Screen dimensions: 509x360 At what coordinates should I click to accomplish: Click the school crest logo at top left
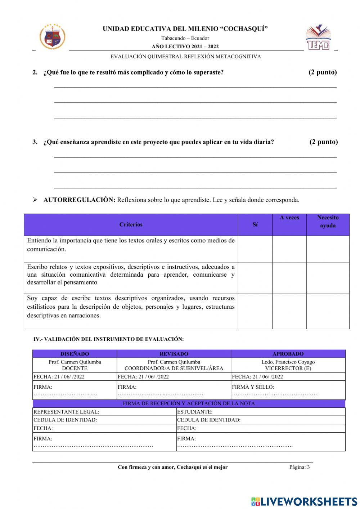(53, 36)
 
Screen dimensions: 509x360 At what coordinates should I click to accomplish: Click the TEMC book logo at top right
(318, 37)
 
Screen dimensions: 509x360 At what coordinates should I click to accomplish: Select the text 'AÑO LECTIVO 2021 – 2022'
(185, 46)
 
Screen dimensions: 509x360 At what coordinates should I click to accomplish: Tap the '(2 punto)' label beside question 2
(323, 72)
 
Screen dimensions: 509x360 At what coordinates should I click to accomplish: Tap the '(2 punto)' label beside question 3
(323, 142)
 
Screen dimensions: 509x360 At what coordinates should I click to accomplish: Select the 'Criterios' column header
(131, 224)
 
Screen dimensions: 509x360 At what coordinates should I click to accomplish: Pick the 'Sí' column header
(255, 224)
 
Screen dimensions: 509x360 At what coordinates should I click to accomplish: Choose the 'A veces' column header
(289, 218)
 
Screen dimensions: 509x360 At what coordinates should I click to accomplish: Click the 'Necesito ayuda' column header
(328, 222)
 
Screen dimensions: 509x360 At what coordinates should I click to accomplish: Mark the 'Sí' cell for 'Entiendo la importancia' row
(255, 249)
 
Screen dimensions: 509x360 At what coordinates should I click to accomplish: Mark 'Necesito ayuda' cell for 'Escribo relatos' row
(328, 278)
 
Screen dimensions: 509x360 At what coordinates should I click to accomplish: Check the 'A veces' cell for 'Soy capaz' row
(289, 311)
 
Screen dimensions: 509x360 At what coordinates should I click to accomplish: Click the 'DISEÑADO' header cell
(75, 354)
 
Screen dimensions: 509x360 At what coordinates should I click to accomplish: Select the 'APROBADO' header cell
(288, 354)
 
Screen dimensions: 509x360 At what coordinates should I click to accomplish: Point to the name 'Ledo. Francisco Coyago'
(288, 362)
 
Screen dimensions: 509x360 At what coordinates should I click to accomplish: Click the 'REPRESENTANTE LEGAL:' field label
(66, 412)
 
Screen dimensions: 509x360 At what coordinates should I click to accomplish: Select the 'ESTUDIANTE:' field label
(195, 412)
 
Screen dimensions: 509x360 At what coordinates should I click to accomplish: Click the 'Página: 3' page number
(299, 467)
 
